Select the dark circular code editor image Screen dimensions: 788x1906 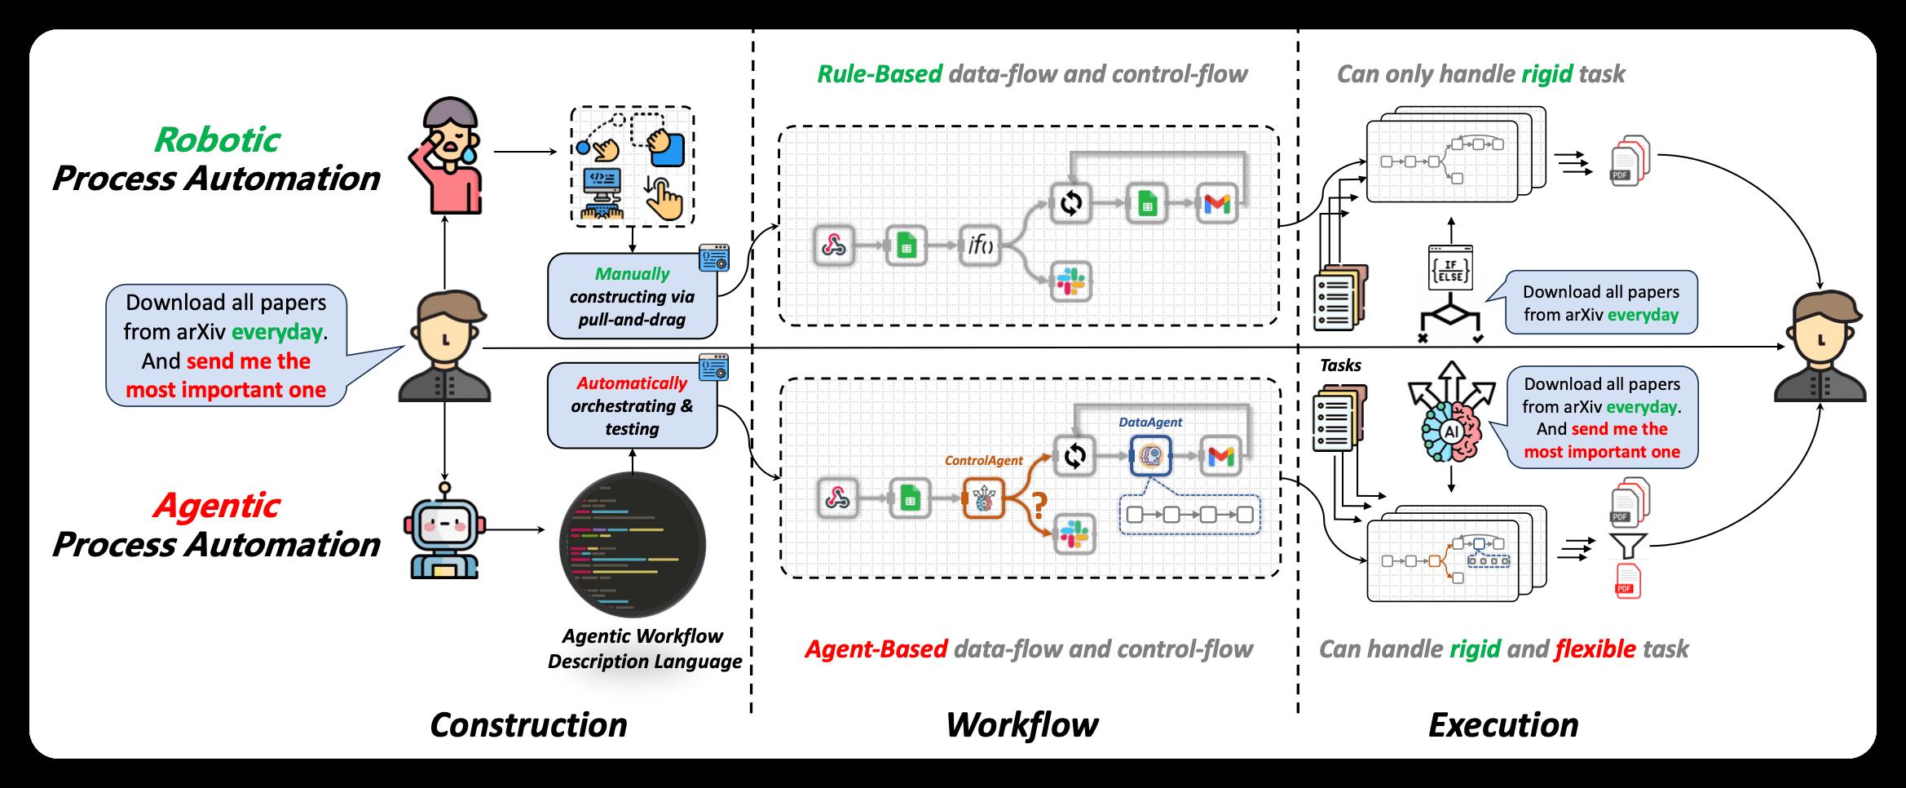click(x=632, y=544)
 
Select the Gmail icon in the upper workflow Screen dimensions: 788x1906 click(x=1217, y=204)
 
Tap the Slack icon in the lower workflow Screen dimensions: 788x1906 click(x=1074, y=535)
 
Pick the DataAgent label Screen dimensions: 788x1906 click(x=1150, y=422)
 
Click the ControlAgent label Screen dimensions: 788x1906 click(x=983, y=460)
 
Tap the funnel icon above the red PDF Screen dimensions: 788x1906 click(x=1626, y=544)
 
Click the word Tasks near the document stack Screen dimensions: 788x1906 click(x=1340, y=365)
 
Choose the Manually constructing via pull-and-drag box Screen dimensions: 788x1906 click(x=632, y=296)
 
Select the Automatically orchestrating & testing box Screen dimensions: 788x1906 click(x=632, y=405)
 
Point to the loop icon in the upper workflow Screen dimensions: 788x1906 click(x=1070, y=204)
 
